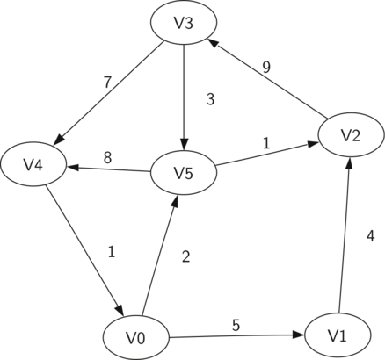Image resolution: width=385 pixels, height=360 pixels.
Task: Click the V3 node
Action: coord(184,23)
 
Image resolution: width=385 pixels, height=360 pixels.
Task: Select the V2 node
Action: coord(351,135)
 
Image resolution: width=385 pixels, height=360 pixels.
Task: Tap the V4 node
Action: coord(33,165)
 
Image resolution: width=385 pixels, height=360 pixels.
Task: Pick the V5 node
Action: coord(184,173)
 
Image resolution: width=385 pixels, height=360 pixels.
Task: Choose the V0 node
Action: coord(136,338)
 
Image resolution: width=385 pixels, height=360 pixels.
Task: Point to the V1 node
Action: coord(338,335)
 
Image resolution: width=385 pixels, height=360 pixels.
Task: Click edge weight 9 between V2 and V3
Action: coord(266,67)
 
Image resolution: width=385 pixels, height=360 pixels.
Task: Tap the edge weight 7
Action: coord(107,83)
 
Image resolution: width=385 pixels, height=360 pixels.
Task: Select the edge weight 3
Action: coord(210,99)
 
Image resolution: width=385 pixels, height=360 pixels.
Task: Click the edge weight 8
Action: coord(107,158)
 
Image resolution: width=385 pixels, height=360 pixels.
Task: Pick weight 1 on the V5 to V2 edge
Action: coord(266,143)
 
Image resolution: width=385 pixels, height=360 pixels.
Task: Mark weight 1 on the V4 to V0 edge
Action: coord(112,251)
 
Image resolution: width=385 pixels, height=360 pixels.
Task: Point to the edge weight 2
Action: coord(185,256)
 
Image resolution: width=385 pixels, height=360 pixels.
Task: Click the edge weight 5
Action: coord(236,325)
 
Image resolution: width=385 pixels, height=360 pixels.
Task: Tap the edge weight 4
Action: coord(370,236)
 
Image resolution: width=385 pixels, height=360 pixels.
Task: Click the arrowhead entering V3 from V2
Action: coord(213,43)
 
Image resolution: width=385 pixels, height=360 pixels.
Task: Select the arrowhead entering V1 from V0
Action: coord(299,335)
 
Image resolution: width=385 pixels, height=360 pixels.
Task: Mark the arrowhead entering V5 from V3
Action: coord(184,145)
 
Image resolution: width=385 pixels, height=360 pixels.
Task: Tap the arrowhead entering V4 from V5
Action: coord(73,168)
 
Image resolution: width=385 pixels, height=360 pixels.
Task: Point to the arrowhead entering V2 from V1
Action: coord(349,162)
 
